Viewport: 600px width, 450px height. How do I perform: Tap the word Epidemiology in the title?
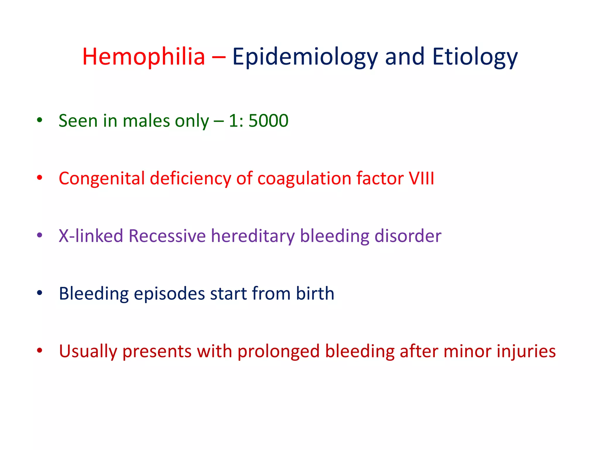click(x=305, y=57)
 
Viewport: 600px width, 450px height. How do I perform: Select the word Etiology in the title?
click(x=475, y=57)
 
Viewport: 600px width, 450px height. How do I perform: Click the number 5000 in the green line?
click(x=268, y=120)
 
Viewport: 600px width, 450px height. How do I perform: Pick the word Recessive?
click(x=167, y=236)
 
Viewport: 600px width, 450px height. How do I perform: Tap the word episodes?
click(x=169, y=294)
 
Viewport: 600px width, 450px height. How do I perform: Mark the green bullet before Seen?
click(x=40, y=120)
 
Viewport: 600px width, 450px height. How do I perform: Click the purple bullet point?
click(x=40, y=235)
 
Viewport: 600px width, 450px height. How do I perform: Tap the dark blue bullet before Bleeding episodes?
click(x=40, y=293)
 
